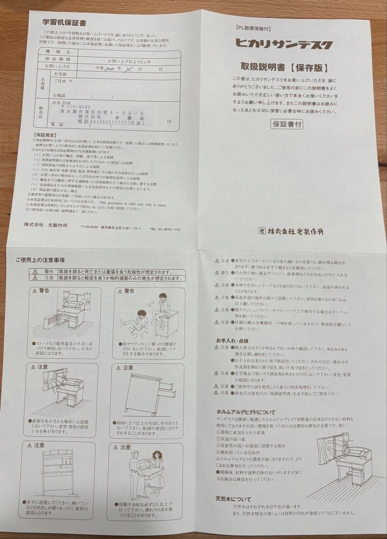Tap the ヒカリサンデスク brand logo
click(x=284, y=44)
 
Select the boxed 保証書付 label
click(x=287, y=124)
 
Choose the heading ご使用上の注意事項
click(x=40, y=260)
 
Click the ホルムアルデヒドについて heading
click(x=246, y=411)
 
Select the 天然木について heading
click(x=233, y=498)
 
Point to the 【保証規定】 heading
click(x=44, y=135)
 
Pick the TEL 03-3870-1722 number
click(x=165, y=228)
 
